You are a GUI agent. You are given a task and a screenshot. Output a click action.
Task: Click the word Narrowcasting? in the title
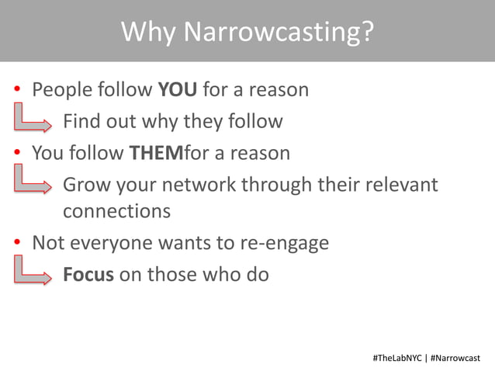(280, 33)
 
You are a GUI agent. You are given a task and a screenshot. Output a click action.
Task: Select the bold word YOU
(178, 90)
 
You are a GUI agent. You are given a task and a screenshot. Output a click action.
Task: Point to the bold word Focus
(88, 274)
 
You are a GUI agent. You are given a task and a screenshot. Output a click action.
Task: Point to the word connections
(116, 211)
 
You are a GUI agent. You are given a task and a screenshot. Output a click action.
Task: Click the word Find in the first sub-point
(79, 122)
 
